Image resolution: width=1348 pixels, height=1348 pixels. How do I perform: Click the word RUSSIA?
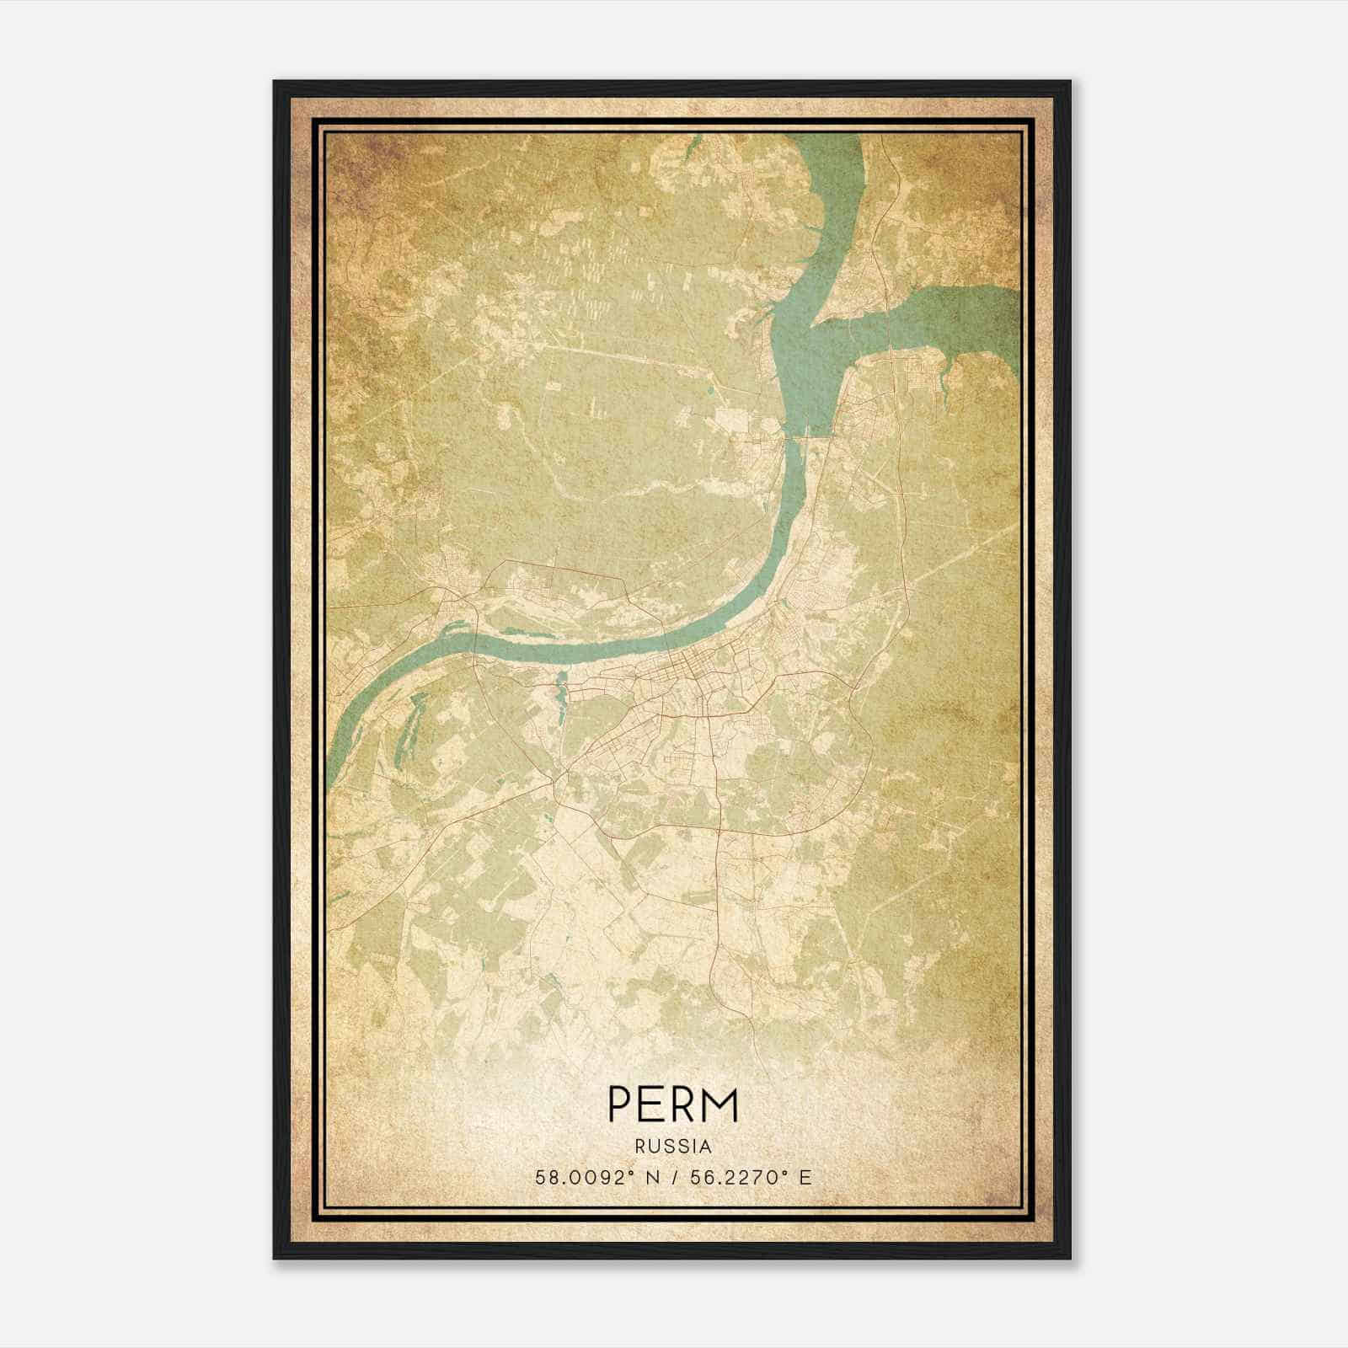673,1147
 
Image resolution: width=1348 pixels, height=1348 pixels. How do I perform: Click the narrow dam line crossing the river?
805,436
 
